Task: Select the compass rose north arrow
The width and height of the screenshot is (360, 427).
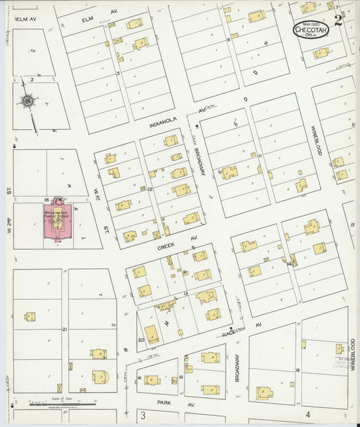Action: [x=28, y=102]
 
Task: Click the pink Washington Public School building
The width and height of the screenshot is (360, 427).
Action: [x=57, y=222]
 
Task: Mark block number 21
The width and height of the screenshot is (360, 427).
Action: [x=64, y=329]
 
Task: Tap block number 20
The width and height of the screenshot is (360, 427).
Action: [x=140, y=340]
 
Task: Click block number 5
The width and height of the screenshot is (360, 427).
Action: [x=118, y=73]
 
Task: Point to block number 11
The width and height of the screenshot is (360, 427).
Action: [x=260, y=155]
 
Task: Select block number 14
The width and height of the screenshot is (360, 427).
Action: [x=289, y=263]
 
